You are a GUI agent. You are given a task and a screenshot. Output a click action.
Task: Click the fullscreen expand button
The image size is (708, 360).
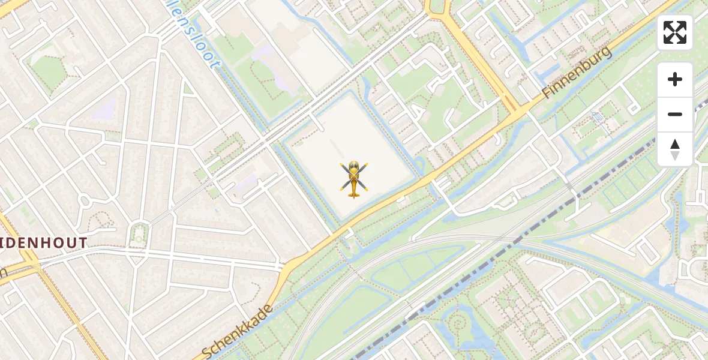(675, 32)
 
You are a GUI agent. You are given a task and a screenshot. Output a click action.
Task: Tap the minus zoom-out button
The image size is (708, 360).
(675, 114)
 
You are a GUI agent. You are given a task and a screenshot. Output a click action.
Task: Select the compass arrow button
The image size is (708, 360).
(675, 149)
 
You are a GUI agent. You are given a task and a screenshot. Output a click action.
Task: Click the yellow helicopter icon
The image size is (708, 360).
(354, 179)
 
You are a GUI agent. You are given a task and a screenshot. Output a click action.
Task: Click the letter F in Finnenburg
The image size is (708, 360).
(547, 93)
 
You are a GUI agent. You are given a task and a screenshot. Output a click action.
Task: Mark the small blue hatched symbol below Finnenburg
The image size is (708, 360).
(598, 117)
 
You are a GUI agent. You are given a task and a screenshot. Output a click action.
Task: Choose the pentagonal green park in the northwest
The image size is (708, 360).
(48, 72)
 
